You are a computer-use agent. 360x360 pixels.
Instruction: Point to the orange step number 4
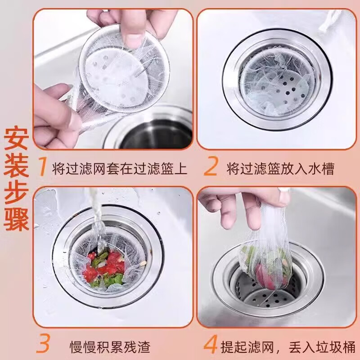211,345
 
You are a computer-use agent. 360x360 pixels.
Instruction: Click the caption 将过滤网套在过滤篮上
120,169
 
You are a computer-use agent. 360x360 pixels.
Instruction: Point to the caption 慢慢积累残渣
110,346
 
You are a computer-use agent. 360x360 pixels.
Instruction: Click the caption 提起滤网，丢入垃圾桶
288,346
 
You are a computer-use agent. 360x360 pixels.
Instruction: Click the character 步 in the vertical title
17,193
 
